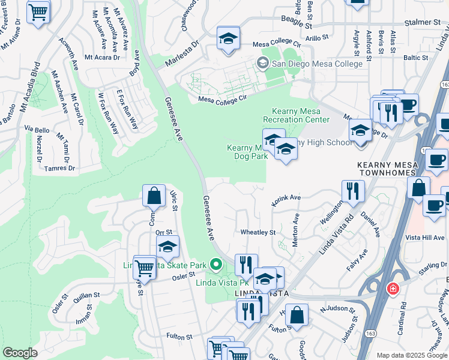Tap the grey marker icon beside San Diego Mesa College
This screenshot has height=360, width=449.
[x=262, y=63]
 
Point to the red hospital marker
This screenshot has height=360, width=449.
[x=393, y=289]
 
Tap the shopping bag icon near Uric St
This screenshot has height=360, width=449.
[x=154, y=196]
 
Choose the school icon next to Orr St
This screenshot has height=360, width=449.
[x=168, y=247]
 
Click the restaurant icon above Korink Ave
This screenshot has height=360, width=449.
[x=353, y=191]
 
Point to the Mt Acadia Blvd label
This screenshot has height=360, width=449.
[x=29, y=81]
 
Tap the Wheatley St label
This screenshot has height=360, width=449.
[x=258, y=232]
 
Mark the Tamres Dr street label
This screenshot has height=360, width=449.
[x=59, y=169]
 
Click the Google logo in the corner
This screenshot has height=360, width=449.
[x=20, y=353]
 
